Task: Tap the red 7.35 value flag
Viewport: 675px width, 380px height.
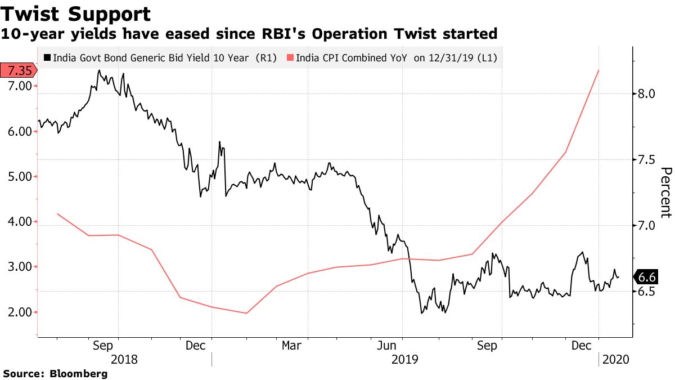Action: [18, 70]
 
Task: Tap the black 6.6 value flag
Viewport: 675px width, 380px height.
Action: [647, 277]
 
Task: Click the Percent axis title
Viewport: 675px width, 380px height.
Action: [665, 192]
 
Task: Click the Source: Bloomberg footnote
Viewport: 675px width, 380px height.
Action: [55, 373]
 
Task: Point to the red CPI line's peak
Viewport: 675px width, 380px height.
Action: [598, 70]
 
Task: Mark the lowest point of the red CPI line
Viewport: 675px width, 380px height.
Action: [246, 313]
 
